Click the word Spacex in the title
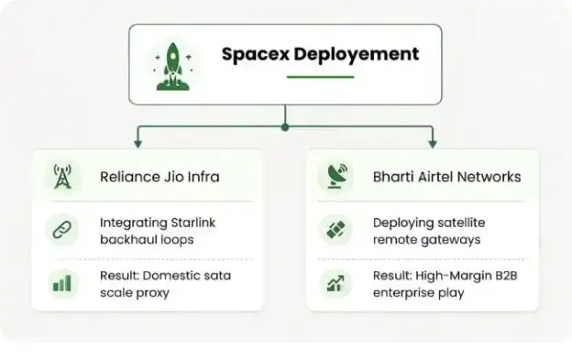click(256, 55)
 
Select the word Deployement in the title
click(357, 55)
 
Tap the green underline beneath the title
click(320, 77)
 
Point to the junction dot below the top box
click(285, 127)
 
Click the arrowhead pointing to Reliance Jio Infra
click(137, 143)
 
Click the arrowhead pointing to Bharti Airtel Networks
click(433, 143)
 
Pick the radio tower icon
click(62, 177)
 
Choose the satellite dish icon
click(337, 176)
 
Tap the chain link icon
click(62, 230)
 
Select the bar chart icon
click(62, 283)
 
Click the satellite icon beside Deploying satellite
click(335, 230)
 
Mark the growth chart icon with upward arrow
click(335, 283)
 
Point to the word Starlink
click(193, 223)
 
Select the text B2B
click(506, 276)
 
